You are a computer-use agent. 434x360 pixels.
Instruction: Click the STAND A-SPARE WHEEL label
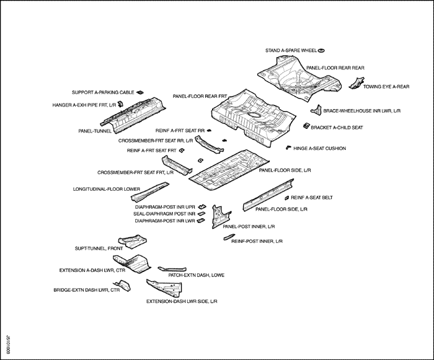coord(291,51)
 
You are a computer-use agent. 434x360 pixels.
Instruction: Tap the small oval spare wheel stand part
coord(321,51)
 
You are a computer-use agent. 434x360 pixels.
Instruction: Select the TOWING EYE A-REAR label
coord(386,87)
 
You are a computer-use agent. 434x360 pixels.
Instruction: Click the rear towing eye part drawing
coord(356,83)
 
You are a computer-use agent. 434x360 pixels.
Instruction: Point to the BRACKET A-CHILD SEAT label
coord(337,128)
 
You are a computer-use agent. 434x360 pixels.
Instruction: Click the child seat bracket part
coord(306,126)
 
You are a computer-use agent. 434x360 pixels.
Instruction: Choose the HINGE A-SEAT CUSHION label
coord(320,149)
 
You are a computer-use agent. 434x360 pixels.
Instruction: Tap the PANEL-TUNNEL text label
coord(95,131)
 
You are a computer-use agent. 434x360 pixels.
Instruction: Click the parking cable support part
coord(140,92)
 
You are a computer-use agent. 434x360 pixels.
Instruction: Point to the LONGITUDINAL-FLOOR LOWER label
coord(107,189)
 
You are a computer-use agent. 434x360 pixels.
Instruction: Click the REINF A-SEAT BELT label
coord(312,198)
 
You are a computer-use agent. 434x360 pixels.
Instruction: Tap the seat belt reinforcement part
coord(287,198)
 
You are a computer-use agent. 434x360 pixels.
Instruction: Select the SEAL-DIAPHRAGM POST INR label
coord(164,214)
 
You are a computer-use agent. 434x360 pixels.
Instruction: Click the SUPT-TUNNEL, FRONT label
coord(99,248)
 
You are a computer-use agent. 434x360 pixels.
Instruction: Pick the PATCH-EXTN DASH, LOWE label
coord(197,275)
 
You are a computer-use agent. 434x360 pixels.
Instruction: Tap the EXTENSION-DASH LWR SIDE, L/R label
coord(182,301)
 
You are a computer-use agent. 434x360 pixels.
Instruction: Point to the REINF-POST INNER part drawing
coord(229,237)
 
